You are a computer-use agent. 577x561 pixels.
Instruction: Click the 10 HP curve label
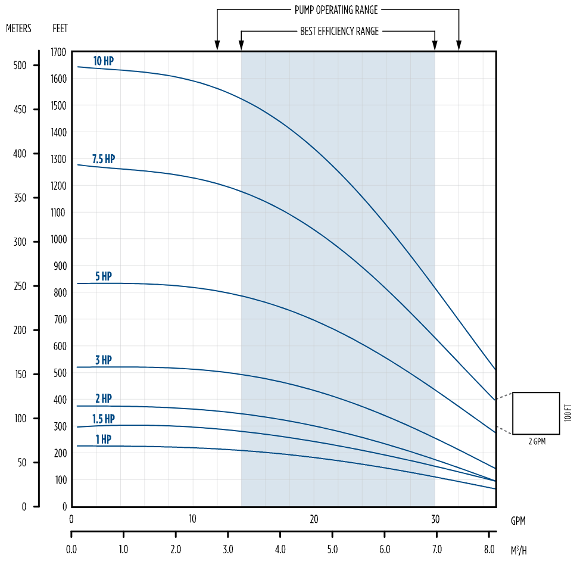[x=103, y=61]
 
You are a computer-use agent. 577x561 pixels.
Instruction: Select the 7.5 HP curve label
[x=103, y=159]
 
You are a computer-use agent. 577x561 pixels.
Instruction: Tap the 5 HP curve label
[x=103, y=276]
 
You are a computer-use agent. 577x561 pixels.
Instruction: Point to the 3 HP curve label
[x=103, y=360]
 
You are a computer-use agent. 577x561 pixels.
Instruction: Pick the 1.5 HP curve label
[x=103, y=419]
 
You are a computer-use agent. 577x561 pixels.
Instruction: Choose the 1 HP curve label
[x=103, y=440]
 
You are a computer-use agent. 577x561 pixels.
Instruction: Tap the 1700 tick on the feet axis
[x=58, y=52]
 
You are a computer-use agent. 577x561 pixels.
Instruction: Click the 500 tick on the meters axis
[x=20, y=66]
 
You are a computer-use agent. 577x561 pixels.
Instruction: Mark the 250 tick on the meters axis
[x=20, y=286]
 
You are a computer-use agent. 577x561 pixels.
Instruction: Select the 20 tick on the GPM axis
[x=314, y=519]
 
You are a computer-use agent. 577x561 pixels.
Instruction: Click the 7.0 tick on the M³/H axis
[x=436, y=549]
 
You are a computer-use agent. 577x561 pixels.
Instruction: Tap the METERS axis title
[x=18, y=28]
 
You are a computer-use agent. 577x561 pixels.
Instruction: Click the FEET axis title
[x=60, y=28]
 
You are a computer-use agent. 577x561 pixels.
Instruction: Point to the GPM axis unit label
[x=518, y=520]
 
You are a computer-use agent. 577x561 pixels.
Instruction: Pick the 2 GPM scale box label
[x=536, y=442]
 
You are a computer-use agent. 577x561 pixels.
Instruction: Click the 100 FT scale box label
[x=567, y=413]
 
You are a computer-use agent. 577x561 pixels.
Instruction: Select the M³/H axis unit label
[x=519, y=549]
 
